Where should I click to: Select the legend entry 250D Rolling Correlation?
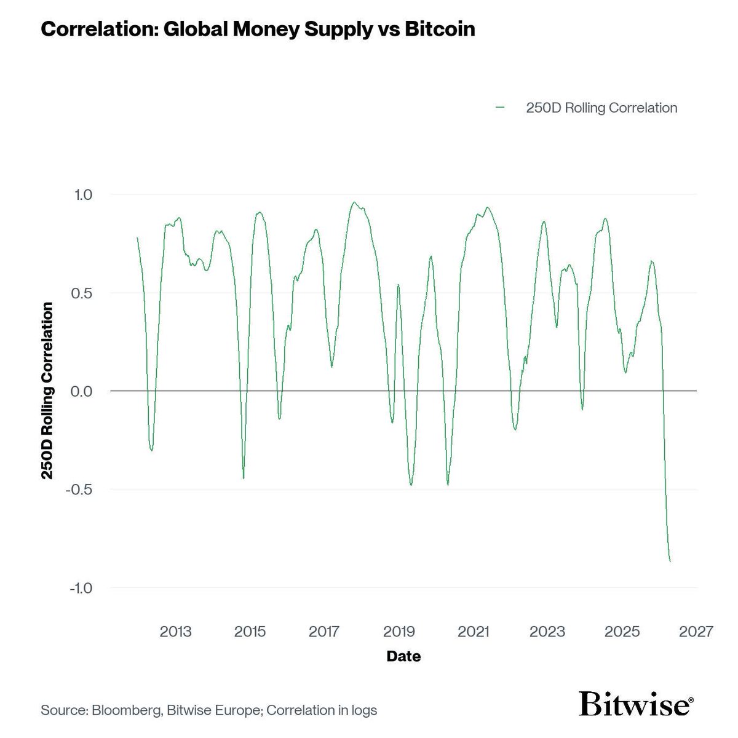click(x=601, y=108)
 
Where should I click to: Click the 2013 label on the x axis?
click(x=176, y=632)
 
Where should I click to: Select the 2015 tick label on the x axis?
click(x=250, y=632)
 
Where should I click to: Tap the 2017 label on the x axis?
click(x=325, y=632)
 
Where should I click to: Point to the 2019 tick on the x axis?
click(x=399, y=632)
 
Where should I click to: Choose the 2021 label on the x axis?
click(x=474, y=632)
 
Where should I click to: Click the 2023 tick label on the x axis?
click(x=548, y=632)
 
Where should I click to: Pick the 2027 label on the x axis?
click(x=697, y=632)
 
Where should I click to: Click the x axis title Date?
click(x=403, y=657)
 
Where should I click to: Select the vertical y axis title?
click(x=47, y=391)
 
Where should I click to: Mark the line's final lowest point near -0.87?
click(x=670, y=561)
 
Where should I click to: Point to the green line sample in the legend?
click(x=500, y=108)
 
